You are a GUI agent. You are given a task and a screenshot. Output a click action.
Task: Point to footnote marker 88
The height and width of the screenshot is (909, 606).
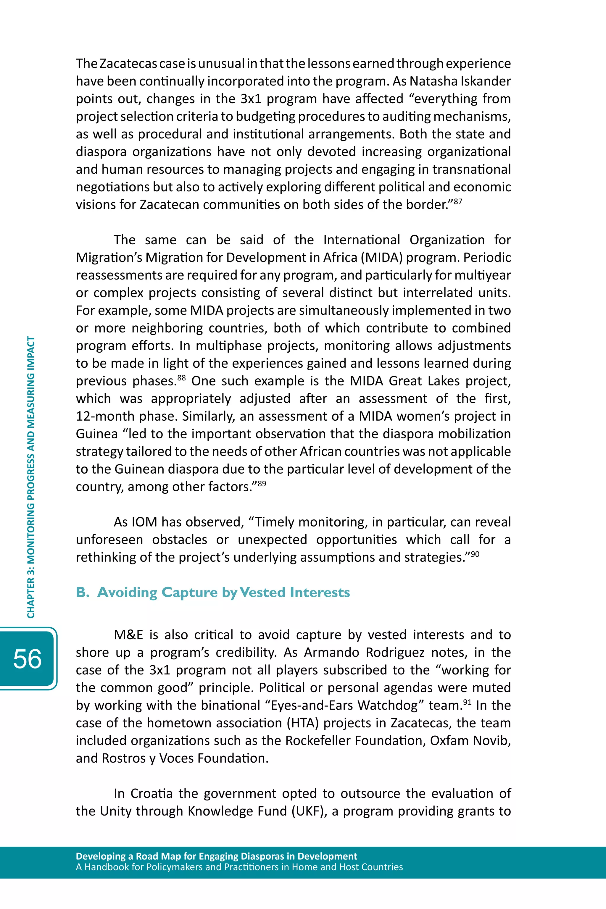click(182, 377)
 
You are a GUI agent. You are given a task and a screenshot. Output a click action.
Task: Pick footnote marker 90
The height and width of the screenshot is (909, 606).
click(475, 554)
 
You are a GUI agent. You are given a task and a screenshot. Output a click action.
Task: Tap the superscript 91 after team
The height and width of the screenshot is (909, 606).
click(467, 702)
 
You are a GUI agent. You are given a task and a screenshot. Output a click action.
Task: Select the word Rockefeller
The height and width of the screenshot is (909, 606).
click(318, 741)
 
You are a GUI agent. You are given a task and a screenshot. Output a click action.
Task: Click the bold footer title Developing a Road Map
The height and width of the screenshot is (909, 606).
click(216, 856)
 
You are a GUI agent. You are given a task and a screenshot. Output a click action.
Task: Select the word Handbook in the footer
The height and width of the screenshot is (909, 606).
click(106, 867)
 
